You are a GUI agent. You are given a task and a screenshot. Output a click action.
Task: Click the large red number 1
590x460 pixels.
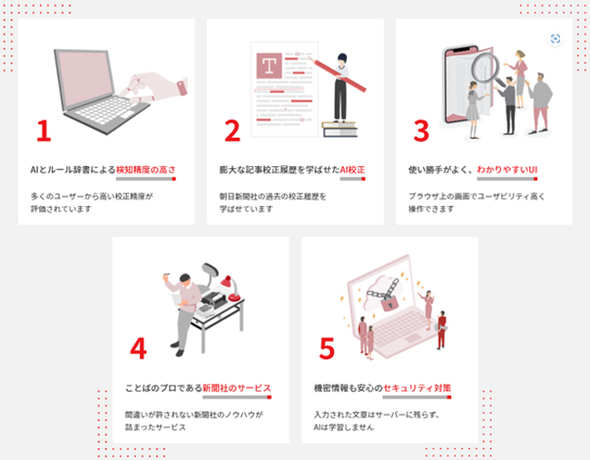coord(44,131)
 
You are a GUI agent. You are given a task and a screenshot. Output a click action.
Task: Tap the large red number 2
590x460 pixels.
coord(232,131)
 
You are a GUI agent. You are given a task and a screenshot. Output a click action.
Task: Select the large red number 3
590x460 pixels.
coord(421,131)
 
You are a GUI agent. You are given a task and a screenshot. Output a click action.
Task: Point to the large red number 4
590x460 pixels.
coord(138,348)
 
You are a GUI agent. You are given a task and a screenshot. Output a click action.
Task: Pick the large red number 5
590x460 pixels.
coord(327,348)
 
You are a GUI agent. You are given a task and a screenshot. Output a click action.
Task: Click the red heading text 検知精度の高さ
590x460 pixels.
coord(146,170)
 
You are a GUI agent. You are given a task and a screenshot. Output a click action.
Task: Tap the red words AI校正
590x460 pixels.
coord(352,170)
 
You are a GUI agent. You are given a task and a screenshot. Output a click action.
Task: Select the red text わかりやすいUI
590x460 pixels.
coord(507,170)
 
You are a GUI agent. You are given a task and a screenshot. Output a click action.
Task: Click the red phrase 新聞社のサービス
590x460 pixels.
coord(237,387)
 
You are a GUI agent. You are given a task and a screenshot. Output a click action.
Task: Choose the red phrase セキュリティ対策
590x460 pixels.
coord(417,387)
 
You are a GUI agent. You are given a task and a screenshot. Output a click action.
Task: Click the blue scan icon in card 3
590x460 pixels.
coord(556,38)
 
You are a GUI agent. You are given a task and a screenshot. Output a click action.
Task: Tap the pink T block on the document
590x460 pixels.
coord(269,65)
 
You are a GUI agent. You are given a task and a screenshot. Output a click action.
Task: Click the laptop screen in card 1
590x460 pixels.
coord(84,78)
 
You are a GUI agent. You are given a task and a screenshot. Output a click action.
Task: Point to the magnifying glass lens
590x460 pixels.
coord(486,67)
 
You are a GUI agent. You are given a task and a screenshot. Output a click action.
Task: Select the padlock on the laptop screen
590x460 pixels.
coord(389,303)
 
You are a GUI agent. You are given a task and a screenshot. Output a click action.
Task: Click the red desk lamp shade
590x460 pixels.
coord(227,282)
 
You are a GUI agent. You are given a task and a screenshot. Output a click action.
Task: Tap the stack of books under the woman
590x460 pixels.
coord(339,129)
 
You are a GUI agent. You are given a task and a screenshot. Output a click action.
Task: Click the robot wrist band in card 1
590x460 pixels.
coord(182,88)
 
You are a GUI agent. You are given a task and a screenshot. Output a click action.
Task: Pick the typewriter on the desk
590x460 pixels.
coord(213,299)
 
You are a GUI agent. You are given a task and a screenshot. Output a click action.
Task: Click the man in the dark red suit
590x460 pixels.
coord(442,329)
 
